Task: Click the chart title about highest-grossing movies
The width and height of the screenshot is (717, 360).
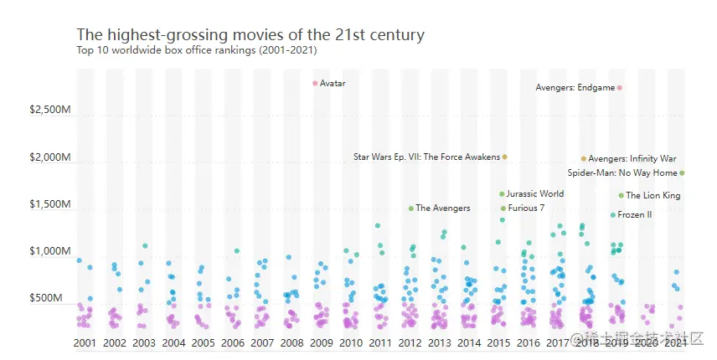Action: coord(250,35)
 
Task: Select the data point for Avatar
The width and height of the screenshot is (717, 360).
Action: coord(315,83)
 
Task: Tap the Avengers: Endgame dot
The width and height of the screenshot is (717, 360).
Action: coord(620,87)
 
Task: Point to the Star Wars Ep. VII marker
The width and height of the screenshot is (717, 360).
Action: coord(505,157)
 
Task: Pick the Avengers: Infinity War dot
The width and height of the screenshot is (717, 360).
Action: coord(584,158)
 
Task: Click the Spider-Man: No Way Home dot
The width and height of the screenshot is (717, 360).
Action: coord(682,173)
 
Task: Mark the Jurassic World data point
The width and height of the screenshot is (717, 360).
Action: coord(502,193)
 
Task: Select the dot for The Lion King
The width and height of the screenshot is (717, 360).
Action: coord(622,196)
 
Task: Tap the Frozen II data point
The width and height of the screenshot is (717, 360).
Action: coord(613,215)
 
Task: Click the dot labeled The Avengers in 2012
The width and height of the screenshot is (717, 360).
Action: coord(411,208)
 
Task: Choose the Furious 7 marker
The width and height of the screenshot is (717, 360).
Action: coord(503,208)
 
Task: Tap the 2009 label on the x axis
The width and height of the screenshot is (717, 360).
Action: coord(322,343)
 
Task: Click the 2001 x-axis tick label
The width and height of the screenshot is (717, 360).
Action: coord(84,343)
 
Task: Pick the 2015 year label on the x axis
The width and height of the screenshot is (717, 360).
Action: coord(498,343)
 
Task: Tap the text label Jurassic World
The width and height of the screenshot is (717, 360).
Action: coord(535,193)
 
